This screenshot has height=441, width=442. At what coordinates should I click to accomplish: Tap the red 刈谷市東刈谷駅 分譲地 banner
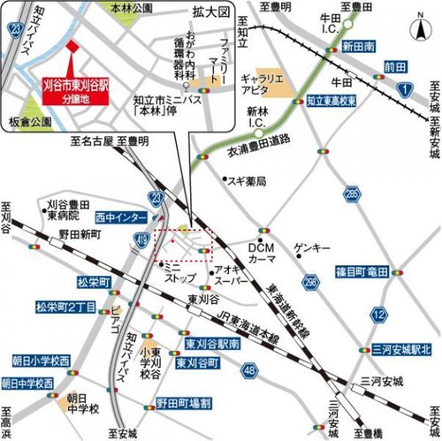pos(77,91)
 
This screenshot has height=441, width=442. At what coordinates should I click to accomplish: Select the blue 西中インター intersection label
pos(118,215)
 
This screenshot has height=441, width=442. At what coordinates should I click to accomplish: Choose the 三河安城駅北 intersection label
pos(398,349)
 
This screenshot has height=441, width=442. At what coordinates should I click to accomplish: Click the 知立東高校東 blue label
pos(329,103)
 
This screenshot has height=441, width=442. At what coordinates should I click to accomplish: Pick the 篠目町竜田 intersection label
pos(362,270)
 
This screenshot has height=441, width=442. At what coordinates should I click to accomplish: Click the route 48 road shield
pos(248,369)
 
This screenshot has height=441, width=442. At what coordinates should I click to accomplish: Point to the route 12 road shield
pos(379,314)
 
